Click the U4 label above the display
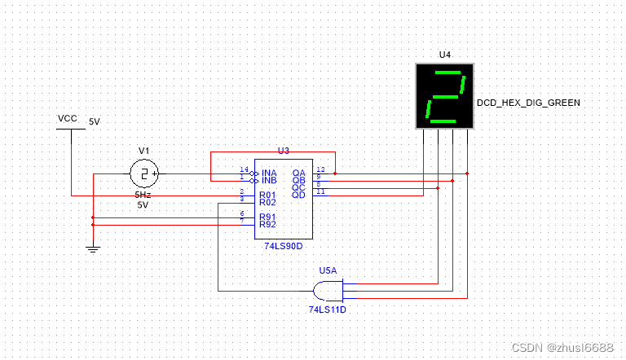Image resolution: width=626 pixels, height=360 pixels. (x=444, y=55)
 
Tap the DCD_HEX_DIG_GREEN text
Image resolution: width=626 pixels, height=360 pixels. (x=528, y=103)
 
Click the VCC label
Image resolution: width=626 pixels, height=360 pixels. (x=68, y=119)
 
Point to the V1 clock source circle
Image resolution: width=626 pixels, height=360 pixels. (x=144, y=173)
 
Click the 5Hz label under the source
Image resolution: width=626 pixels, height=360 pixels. (x=143, y=195)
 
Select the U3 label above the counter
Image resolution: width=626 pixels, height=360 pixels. (x=284, y=151)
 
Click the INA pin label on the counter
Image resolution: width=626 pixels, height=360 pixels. (x=269, y=173)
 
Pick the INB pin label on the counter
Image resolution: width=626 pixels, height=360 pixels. (x=269, y=180)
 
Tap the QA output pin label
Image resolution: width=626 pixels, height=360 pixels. (x=299, y=173)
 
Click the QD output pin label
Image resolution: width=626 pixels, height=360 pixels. (x=299, y=195)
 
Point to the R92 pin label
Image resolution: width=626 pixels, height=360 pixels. (x=268, y=223)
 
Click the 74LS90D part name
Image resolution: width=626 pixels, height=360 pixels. (x=283, y=245)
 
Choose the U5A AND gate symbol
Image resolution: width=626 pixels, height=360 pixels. (x=327, y=289)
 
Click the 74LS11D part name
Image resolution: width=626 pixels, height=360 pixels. (x=328, y=310)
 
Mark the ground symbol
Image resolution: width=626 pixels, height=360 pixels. (x=93, y=248)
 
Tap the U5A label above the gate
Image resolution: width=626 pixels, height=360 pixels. (x=328, y=270)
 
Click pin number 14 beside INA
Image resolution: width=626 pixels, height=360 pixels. (x=243, y=169)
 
